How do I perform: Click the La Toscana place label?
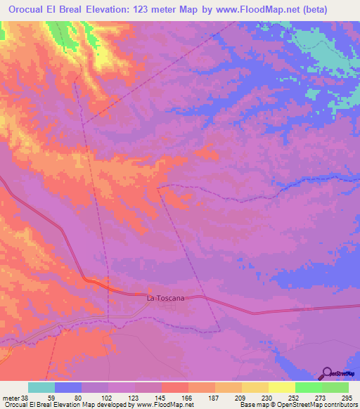165,298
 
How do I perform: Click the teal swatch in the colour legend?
41,387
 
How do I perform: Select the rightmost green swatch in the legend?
335,387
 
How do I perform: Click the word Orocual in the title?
29,9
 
